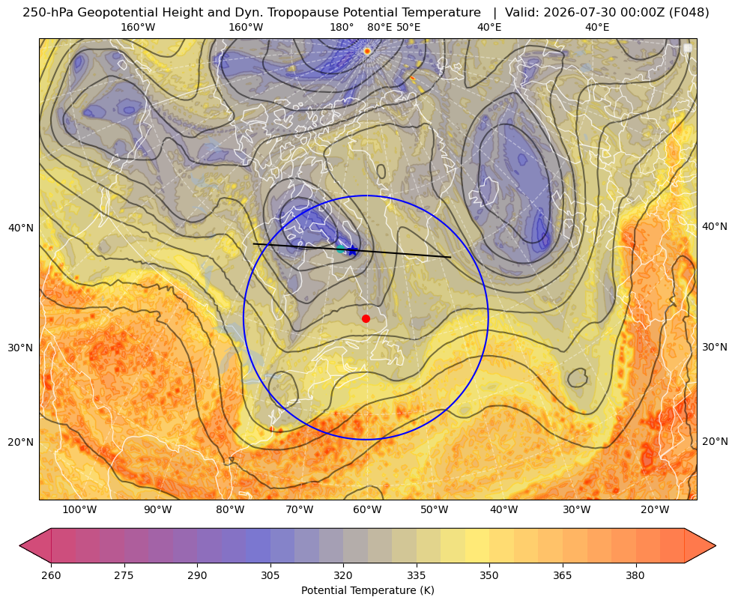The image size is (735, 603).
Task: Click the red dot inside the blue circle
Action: (x=366, y=318)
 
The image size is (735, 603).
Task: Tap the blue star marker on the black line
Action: (x=352, y=251)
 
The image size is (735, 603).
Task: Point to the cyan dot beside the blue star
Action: (x=341, y=249)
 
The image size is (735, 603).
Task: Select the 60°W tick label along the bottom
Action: (x=367, y=509)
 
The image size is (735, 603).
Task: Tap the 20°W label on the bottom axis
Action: (x=655, y=509)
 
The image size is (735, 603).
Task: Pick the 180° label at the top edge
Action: (x=342, y=27)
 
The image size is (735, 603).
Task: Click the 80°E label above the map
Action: (x=379, y=27)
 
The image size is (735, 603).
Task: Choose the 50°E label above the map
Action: (x=408, y=27)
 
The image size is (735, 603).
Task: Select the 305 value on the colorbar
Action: (x=270, y=575)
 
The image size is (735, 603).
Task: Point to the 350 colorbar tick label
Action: (x=489, y=575)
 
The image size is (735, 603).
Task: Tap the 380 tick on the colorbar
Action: (x=635, y=575)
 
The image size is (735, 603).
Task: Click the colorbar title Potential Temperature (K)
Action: (x=367, y=590)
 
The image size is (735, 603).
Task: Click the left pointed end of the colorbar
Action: (x=20, y=545)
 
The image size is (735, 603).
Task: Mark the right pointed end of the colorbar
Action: (x=716, y=545)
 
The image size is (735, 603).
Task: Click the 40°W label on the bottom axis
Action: (x=504, y=509)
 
